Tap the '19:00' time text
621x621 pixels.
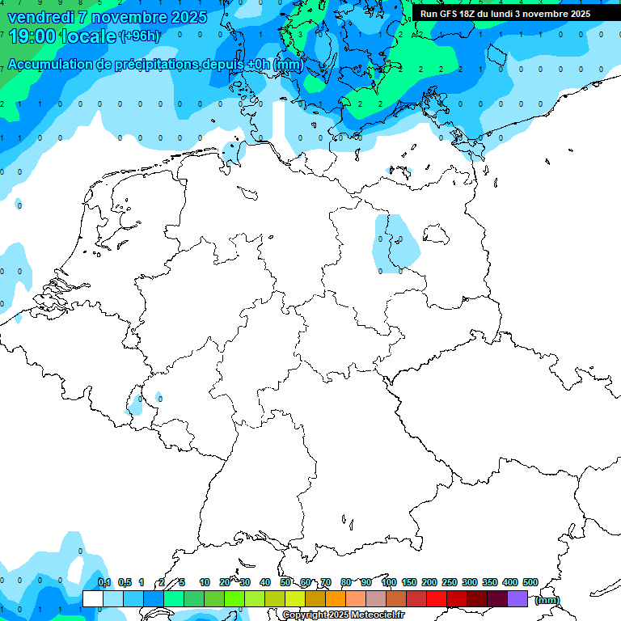point(32,36)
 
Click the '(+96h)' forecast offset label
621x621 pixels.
point(140,36)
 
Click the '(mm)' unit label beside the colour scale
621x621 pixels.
point(547,600)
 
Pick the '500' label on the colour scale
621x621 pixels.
point(530,583)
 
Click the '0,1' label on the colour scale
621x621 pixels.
point(104,583)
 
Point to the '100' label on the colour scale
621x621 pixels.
point(388,583)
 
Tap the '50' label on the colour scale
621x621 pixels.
point(285,583)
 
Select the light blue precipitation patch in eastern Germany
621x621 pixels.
point(396,243)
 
